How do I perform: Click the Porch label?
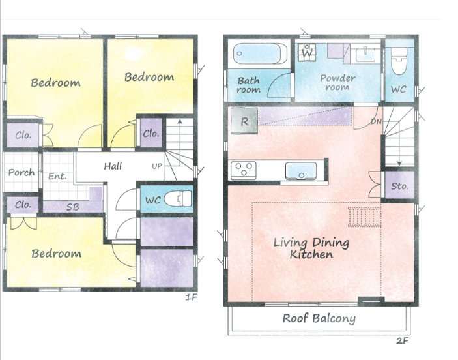coord(21,173)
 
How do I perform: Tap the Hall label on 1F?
coord(113,166)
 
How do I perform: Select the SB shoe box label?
coord(73,207)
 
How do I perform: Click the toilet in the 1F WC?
coord(178,198)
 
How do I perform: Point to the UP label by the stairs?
coord(157,166)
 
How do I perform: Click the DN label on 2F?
coord(376,121)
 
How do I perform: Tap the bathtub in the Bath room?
coord(260,53)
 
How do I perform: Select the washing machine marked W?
coord(307,53)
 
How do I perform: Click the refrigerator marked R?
coord(244,121)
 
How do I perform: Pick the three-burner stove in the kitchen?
coord(243,170)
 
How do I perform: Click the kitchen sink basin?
coord(301,171)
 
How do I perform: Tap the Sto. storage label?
coord(399,186)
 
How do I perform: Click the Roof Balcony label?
coord(319,318)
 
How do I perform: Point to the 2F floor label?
coord(402,340)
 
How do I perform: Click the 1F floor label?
coord(192,297)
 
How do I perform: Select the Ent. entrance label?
coord(57,176)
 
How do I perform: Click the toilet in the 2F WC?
coord(399,61)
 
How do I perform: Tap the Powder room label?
coord(337,82)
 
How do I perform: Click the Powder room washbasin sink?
coord(365,54)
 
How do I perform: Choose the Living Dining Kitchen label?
coord(311,248)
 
